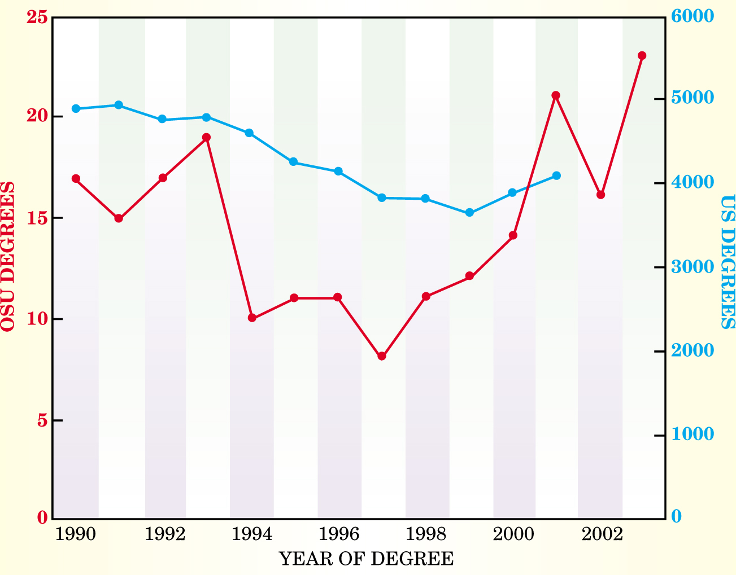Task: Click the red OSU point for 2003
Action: pyautogui.click(x=642, y=55)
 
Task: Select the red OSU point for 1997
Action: pyautogui.click(x=382, y=356)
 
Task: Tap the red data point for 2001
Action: pyautogui.click(x=556, y=95)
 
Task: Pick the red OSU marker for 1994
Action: pyautogui.click(x=252, y=318)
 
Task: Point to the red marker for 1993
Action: pyautogui.click(x=207, y=137)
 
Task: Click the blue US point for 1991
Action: pyautogui.click(x=119, y=105)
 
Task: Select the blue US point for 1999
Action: pyautogui.click(x=469, y=213)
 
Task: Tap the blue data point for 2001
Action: pyautogui.click(x=556, y=175)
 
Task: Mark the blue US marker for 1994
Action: pyautogui.click(x=249, y=133)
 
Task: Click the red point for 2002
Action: pyautogui.click(x=601, y=195)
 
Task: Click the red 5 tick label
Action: pyautogui.click(x=41, y=421)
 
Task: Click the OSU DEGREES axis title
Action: pyautogui.click(x=8, y=257)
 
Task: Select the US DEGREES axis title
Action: pyautogui.click(x=728, y=262)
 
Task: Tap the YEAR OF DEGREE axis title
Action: pyautogui.click(x=367, y=559)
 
